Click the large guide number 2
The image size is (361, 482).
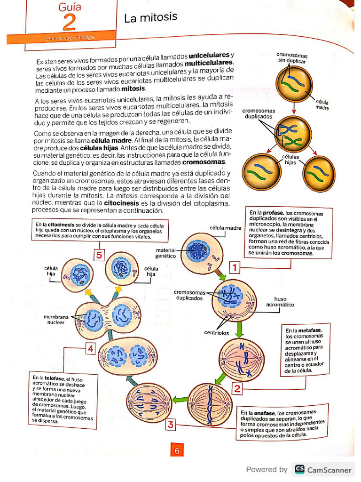[69, 22]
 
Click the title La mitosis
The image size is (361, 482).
[150, 18]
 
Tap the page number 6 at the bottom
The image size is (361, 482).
[177, 451]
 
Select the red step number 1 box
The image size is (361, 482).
[234, 268]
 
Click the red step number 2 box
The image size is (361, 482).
[237, 389]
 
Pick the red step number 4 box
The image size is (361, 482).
[90, 349]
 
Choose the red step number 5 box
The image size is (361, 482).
[99, 256]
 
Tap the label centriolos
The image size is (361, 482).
[216, 333]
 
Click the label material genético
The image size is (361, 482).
[166, 253]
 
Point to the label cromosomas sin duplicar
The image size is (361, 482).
[291, 58]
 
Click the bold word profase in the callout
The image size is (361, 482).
[273, 213]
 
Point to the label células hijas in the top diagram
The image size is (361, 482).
[290, 159]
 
